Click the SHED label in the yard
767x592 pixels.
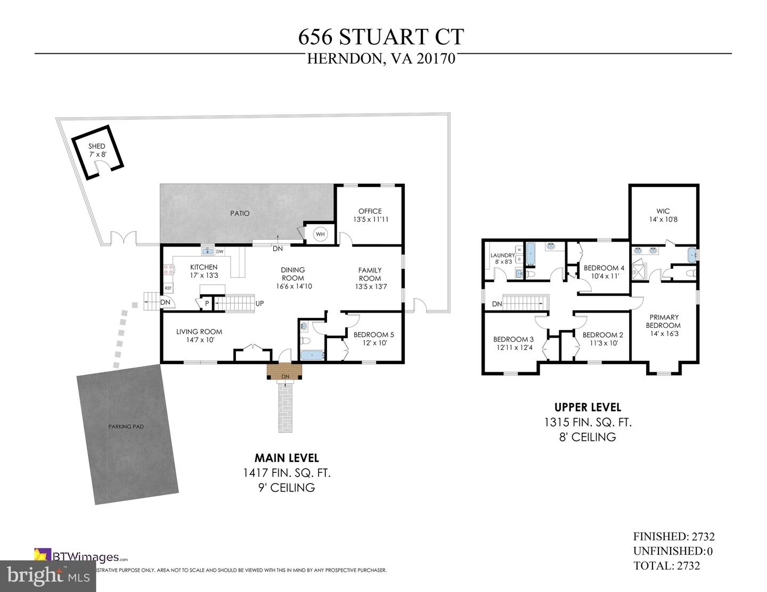97,146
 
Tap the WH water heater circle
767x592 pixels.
320,234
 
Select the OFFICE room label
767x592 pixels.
370,211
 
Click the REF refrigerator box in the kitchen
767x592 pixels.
168,288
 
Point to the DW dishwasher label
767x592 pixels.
219,251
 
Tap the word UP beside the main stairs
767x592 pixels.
260,303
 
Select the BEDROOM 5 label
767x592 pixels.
373,335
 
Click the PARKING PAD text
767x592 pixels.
126,426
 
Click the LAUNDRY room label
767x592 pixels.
502,256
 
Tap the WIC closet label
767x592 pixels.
663,211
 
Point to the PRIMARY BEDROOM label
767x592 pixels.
663,322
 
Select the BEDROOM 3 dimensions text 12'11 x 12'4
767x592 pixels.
513,348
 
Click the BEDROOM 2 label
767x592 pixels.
602,335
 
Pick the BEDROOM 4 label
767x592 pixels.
603,268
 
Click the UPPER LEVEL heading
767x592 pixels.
588,407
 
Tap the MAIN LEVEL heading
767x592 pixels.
287,458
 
